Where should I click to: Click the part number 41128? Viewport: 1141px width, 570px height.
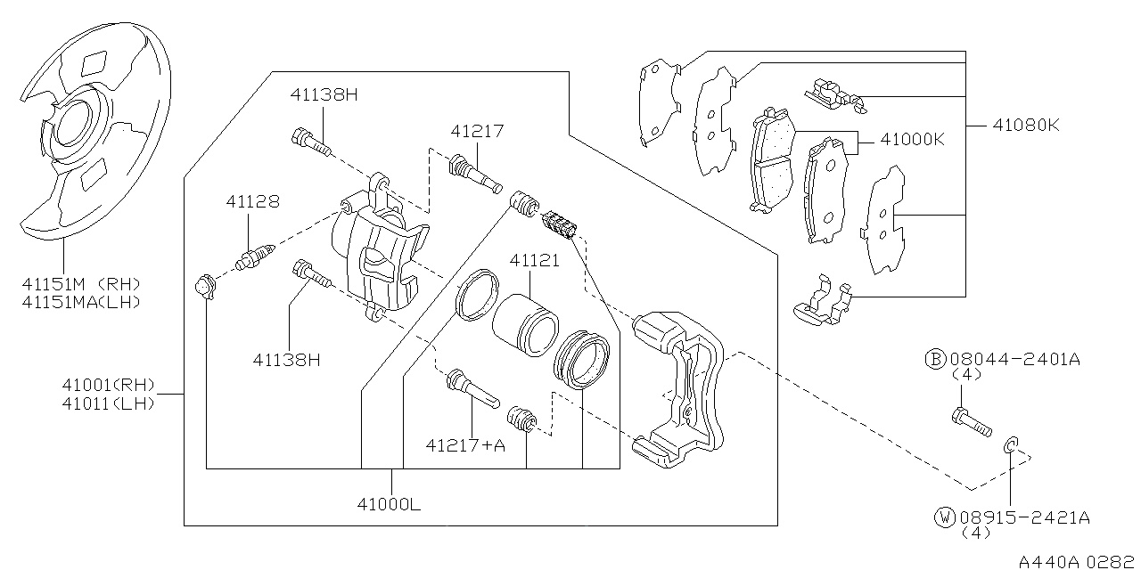251,202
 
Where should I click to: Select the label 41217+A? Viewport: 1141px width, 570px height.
464,444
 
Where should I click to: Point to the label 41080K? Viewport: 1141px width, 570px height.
1026,125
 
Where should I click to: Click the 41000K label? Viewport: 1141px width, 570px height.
912,140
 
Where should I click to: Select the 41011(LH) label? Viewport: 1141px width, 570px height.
108,403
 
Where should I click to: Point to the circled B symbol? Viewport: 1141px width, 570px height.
934,359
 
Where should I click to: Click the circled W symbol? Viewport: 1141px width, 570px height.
942,517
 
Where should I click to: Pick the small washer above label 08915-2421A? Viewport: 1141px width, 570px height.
1010,444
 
